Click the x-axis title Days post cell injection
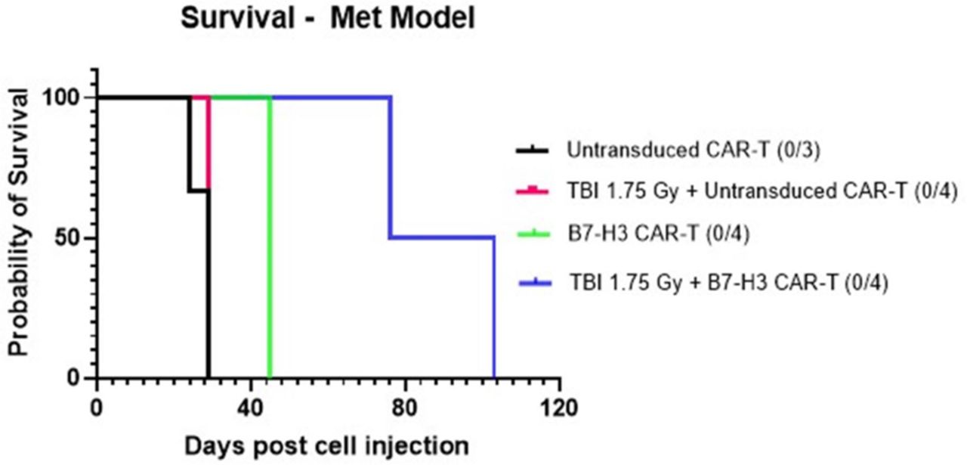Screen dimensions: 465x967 tap(327, 445)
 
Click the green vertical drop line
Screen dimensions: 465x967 tap(270, 242)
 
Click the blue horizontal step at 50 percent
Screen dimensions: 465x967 tap(442, 237)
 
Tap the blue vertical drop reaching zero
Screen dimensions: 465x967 tap(494, 310)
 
